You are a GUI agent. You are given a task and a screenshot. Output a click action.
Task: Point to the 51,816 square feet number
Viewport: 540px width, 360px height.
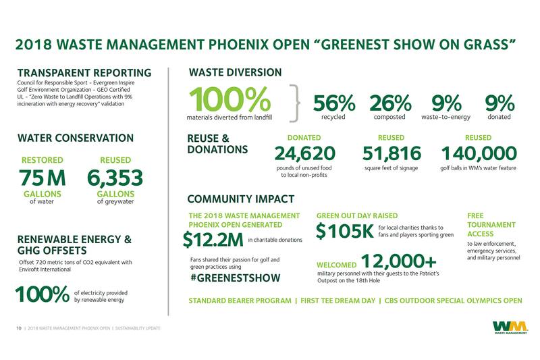click(391, 153)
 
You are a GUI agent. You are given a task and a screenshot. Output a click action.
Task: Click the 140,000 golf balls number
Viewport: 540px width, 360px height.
click(480, 153)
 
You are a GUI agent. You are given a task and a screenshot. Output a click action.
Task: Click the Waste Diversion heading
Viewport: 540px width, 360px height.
click(235, 72)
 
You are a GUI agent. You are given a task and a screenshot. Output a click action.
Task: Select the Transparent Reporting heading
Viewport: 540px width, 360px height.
click(84, 72)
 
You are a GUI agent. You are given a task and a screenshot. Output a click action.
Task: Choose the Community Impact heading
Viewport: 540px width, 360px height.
click(241, 199)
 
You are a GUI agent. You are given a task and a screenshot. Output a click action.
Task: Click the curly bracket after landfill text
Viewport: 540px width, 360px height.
click(294, 101)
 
